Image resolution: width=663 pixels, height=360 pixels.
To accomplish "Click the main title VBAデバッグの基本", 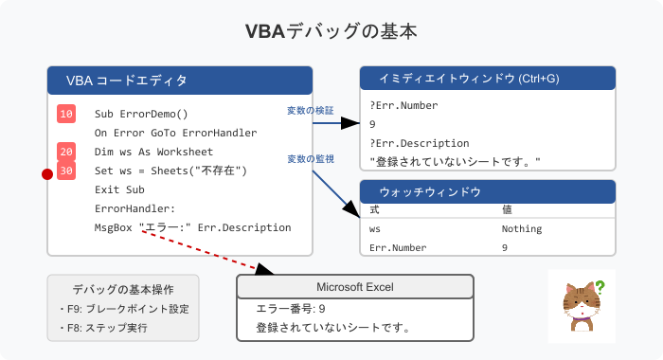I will click(331, 31).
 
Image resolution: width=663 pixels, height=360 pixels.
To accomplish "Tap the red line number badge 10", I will click(66, 114).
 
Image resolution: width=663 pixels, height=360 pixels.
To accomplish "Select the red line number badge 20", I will click(66, 152).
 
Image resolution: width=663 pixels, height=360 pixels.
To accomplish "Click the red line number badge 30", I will click(66, 171).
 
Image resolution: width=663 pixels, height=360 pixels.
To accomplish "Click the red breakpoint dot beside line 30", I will click(45, 173).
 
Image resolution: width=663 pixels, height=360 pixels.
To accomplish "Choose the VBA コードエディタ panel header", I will click(180, 81).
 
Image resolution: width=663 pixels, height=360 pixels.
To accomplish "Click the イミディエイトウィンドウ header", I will click(488, 79).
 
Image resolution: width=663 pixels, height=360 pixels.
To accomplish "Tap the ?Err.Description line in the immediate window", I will click(417, 143).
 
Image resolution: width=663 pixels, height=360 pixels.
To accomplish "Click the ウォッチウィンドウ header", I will click(488, 191).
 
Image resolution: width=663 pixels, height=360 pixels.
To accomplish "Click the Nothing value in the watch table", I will click(522, 228).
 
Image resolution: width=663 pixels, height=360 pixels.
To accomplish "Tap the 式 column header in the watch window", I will click(374, 209).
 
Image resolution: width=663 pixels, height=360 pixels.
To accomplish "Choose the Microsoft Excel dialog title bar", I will click(354, 287).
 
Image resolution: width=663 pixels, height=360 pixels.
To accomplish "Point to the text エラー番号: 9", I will click(291, 309).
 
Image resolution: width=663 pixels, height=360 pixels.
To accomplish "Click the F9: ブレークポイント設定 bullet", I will click(123, 309).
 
